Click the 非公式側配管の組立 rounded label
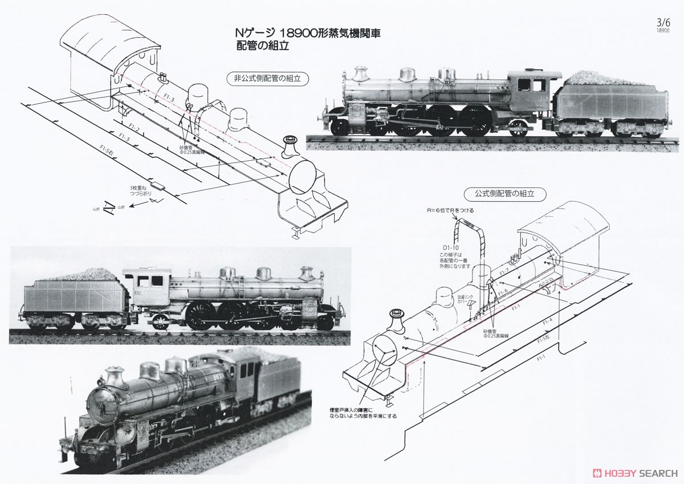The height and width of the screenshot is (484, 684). pos(267,79)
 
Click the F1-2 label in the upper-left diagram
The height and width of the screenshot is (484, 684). pos(135,127)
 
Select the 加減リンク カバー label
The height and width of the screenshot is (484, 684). pos(465,299)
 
